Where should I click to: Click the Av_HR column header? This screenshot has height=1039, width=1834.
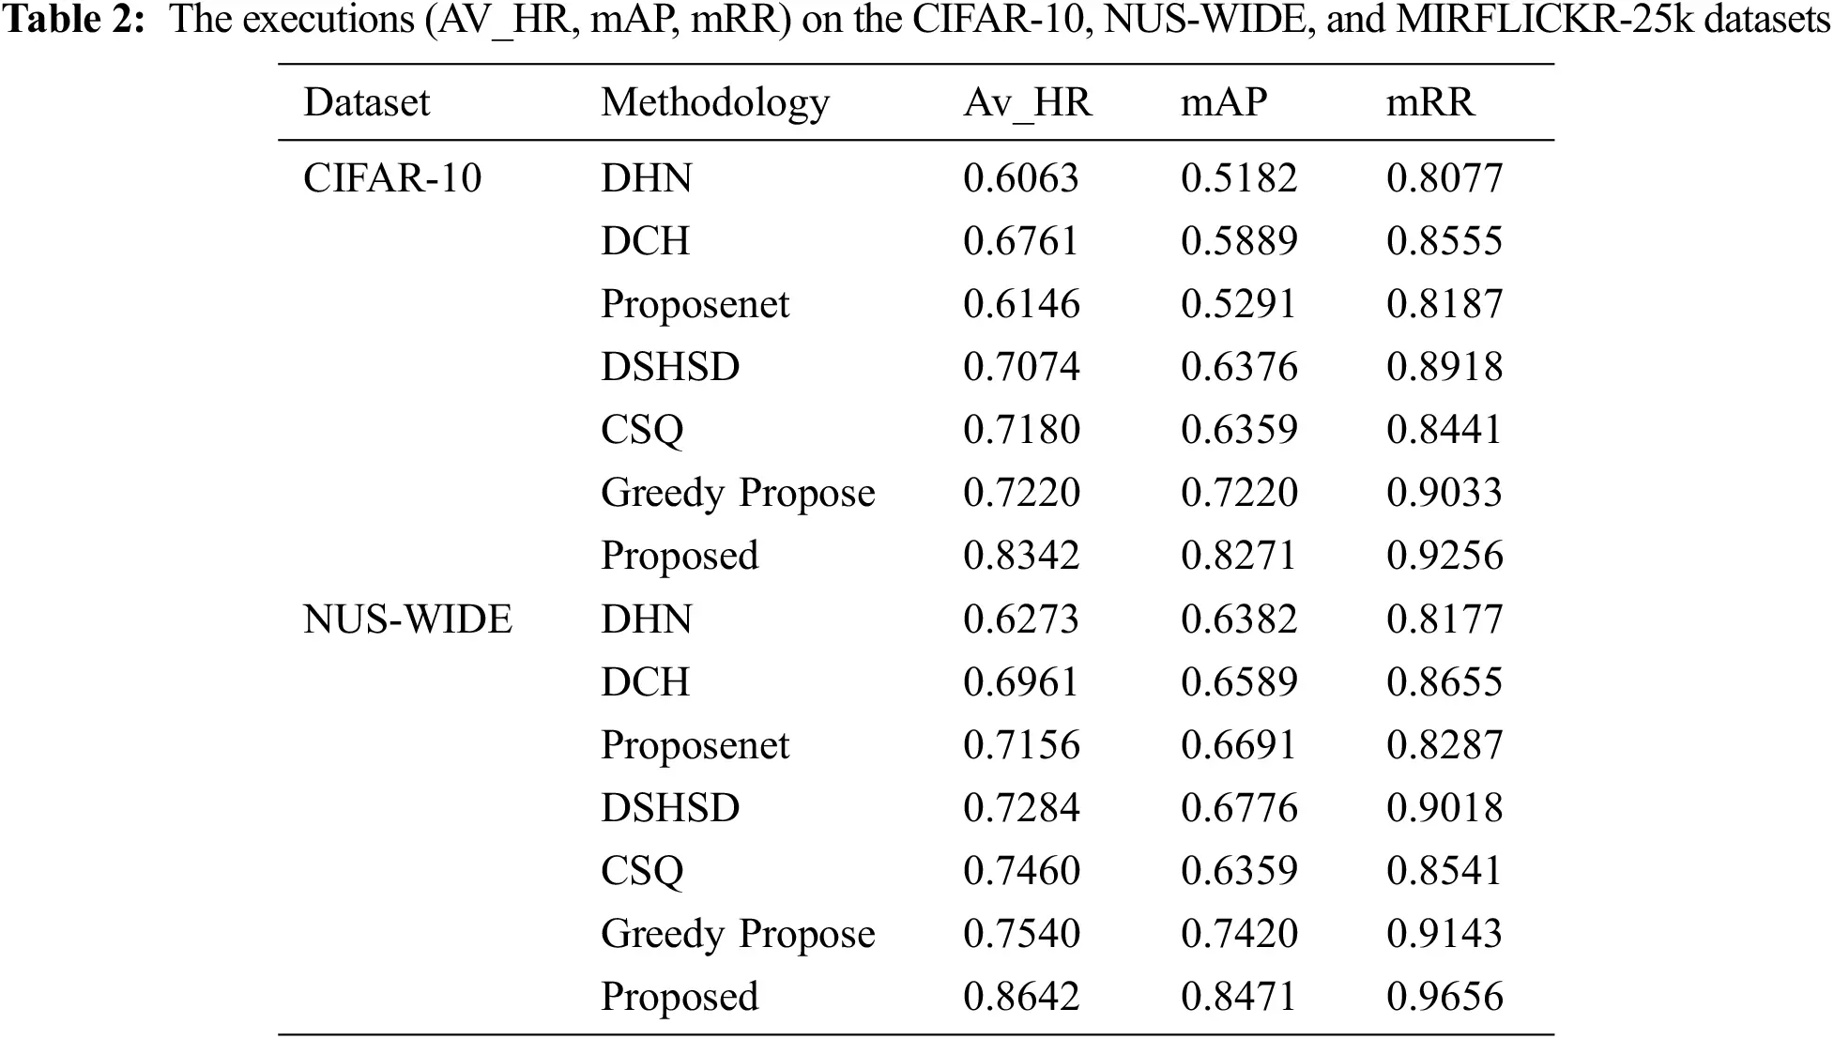[1027, 102]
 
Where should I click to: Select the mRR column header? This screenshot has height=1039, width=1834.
[1429, 102]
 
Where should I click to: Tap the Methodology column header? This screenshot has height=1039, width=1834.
[715, 102]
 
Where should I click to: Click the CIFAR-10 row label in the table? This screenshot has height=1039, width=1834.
[391, 178]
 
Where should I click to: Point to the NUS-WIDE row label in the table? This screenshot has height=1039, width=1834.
[407, 619]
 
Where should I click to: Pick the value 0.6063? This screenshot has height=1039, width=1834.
[1021, 178]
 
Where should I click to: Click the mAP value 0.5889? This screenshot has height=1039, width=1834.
[1239, 241]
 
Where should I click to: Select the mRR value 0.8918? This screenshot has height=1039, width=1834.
[1444, 367]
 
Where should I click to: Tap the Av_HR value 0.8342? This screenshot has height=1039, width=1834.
[1021, 556]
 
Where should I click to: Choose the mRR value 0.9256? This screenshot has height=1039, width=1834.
[1444, 556]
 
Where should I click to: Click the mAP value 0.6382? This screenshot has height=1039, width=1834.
[1239, 619]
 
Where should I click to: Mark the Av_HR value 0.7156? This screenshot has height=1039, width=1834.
[1021, 745]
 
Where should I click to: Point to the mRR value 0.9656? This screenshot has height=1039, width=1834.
[1444, 997]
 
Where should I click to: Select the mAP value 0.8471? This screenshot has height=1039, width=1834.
[1239, 997]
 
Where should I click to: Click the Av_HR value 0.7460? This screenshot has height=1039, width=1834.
[1021, 871]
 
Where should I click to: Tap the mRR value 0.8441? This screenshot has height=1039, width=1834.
[1444, 430]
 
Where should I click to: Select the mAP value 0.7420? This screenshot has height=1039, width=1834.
[1239, 934]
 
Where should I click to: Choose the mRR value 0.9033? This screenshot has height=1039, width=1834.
[1444, 493]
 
